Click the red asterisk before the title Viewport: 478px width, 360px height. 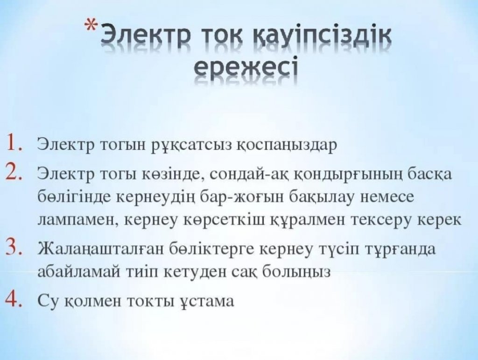[91, 25]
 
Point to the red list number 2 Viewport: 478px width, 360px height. [14, 173]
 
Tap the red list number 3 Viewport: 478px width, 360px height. [14, 247]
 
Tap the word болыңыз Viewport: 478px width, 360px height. [296, 272]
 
